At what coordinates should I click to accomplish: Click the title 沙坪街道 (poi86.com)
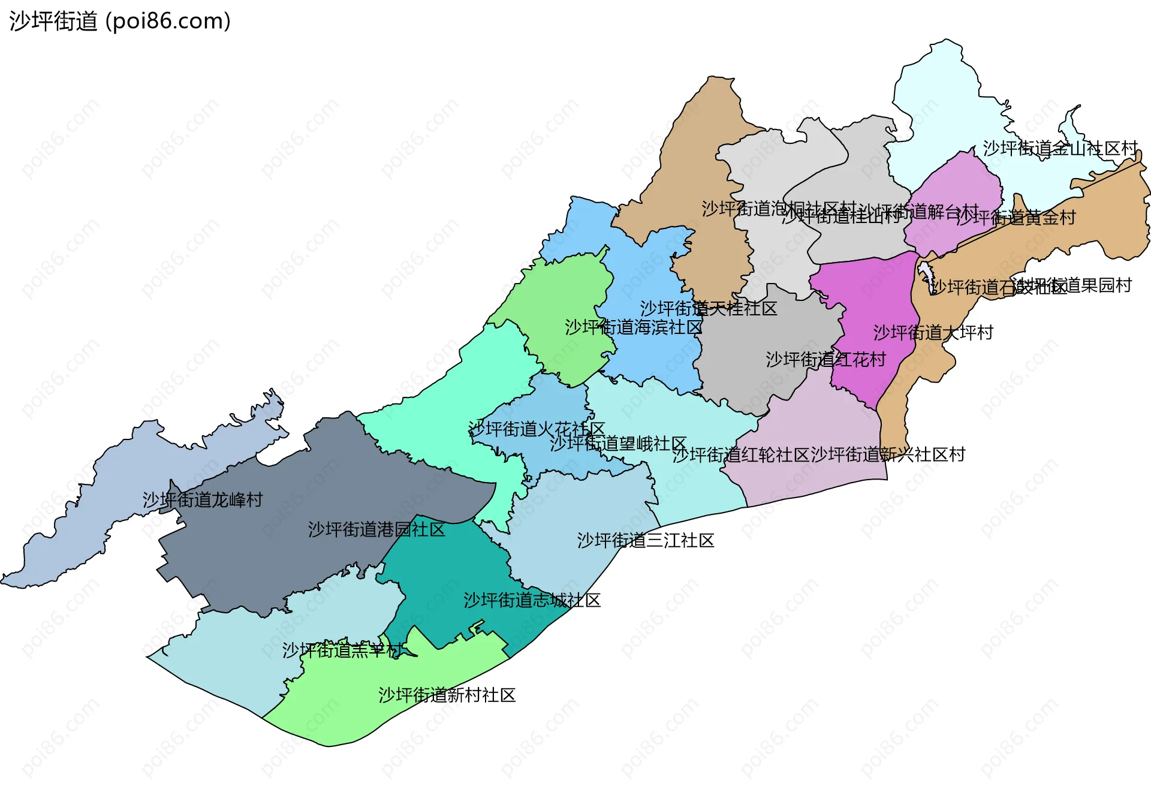(120, 21)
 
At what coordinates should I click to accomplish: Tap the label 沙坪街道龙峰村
(203, 499)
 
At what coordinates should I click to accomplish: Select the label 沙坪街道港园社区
(376, 529)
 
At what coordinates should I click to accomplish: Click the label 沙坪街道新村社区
(447, 695)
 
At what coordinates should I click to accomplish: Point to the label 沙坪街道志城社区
(532, 600)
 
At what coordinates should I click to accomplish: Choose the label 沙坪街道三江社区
(646, 540)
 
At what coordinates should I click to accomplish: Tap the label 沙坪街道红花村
(826, 359)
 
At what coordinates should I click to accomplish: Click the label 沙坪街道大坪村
(933, 332)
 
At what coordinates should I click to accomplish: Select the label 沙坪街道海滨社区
(634, 327)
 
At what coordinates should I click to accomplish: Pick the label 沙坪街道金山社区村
(1060, 148)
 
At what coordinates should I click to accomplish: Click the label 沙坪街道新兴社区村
(888, 454)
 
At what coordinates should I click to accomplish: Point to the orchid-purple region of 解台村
(959, 186)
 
